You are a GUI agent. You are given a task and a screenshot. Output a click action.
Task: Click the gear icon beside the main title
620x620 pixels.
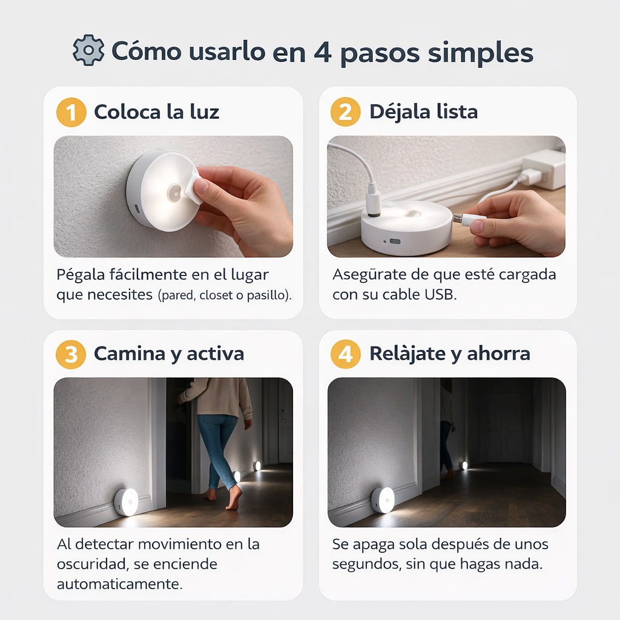(x=88, y=51)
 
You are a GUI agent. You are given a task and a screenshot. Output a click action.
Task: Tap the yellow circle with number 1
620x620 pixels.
(x=71, y=112)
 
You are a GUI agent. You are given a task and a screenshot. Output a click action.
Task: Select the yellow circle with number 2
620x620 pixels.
(x=346, y=112)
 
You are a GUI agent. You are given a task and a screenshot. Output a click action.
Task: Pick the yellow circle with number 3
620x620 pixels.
(x=71, y=354)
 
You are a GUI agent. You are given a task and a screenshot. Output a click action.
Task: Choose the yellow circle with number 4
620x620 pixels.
(x=346, y=354)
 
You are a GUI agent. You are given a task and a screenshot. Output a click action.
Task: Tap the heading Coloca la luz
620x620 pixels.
(x=156, y=112)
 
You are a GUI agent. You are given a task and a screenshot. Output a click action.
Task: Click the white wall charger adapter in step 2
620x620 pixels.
(x=543, y=169)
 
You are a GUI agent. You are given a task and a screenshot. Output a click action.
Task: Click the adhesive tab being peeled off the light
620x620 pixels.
(x=193, y=188)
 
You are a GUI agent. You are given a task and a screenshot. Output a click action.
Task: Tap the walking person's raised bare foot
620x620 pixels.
(x=234, y=498)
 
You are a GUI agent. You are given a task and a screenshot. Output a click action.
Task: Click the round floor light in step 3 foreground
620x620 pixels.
(x=126, y=502)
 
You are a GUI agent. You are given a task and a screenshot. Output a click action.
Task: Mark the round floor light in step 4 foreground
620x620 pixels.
(x=383, y=500)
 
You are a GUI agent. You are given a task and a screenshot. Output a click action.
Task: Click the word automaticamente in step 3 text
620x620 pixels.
(x=119, y=585)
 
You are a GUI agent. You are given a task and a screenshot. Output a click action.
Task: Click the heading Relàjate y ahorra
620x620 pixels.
(x=449, y=354)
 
